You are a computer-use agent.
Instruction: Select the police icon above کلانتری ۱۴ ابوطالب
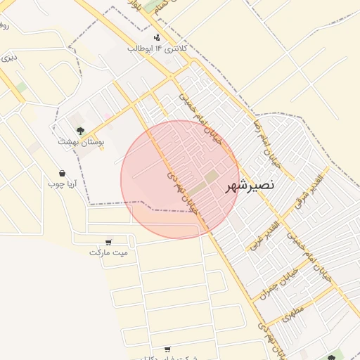pyautogui.click(x=156, y=37)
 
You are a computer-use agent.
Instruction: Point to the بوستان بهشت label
pyautogui.click(x=82, y=141)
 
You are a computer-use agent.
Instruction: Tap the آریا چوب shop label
pyautogui.click(x=62, y=184)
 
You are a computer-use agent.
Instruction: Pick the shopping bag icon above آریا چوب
pyautogui.click(x=62, y=173)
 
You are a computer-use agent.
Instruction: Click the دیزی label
pyautogui.click(x=8, y=58)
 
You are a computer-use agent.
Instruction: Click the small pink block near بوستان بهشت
pyautogui.click(x=107, y=116)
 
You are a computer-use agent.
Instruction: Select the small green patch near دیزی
pyautogui.click(x=22, y=87)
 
